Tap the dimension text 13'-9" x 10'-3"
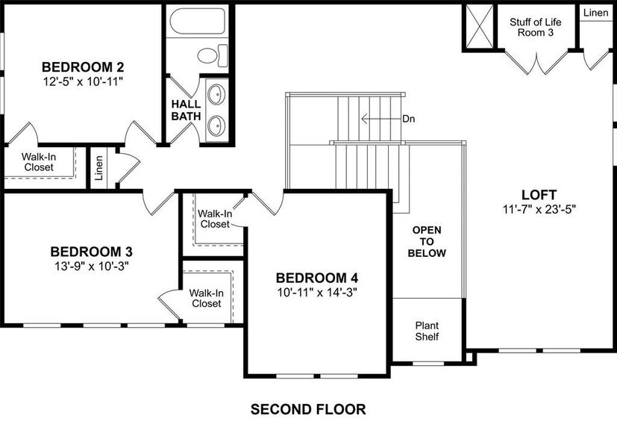(92, 266)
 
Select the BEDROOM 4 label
(316, 278)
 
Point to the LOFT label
(539, 196)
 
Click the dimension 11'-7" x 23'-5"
(539, 210)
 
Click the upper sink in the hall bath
(216, 95)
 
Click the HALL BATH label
(186, 110)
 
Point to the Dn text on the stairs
(408, 119)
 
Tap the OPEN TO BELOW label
(429, 241)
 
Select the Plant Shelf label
(427, 331)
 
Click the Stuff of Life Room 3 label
(535, 28)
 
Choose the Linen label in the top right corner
(595, 13)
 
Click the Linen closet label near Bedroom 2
(99, 169)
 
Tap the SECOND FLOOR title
(308, 409)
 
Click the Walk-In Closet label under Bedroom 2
(37, 162)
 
